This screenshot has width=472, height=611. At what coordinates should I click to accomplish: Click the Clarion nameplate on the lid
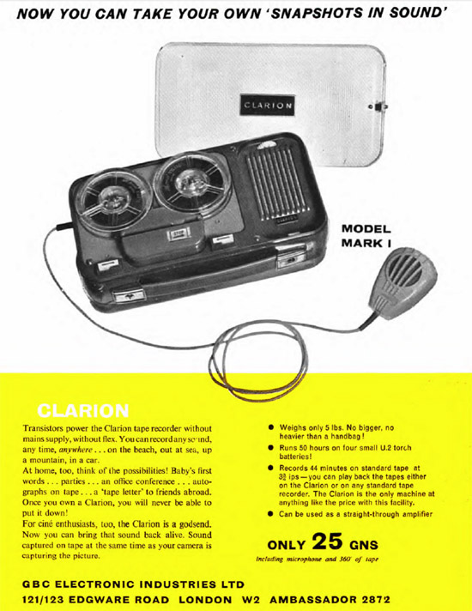pyautogui.click(x=267, y=105)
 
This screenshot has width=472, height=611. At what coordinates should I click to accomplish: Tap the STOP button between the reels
pyautogui.click(x=179, y=233)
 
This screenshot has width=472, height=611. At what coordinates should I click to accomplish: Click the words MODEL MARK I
pyautogui.click(x=366, y=236)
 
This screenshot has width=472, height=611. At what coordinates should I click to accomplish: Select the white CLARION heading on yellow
pyautogui.click(x=83, y=411)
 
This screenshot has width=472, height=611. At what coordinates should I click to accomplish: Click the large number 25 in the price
pyautogui.click(x=328, y=541)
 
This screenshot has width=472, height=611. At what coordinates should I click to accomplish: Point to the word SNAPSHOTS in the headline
pyautogui.click(x=317, y=13)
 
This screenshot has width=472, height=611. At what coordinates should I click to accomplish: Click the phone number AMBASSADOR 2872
pyautogui.click(x=330, y=599)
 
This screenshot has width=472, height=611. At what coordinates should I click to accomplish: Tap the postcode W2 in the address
pyautogui.click(x=251, y=599)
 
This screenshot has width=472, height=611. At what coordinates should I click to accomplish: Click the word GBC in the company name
pyautogui.click(x=37, y=584)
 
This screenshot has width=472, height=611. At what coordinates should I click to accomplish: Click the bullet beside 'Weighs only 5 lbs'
pyautogui.click(x=271, y=428)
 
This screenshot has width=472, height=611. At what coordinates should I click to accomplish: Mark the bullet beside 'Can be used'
pyautogui.click(x=271, y=514)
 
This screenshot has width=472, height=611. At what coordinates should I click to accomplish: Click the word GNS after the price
pyautogui.click(x=364, y=544)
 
